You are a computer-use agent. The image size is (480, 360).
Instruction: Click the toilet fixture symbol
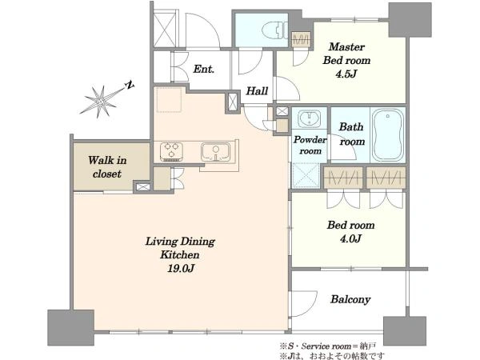tap(275, 30)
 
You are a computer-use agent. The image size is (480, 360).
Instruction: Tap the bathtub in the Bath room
tap(388, 134)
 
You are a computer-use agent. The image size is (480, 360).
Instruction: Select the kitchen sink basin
tap(215, 151)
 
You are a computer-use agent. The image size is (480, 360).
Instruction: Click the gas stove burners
tap(171, 151)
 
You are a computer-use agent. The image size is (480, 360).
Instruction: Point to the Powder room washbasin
tap(309, 118)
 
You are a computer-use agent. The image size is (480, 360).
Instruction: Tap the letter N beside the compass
tap(130, 85)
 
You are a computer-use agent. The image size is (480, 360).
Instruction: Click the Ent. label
tap(203, 69)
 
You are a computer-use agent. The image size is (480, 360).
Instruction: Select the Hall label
tap(257, 91)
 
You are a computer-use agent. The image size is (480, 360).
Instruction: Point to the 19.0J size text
tap(181, 269)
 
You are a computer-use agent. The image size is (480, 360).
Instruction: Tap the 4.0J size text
tap(350, 238)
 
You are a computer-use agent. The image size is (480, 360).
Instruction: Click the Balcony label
tap(350, 299)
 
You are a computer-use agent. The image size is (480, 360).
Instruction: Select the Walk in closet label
tap(107, 167)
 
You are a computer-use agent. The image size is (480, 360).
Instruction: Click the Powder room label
tap(310, 145)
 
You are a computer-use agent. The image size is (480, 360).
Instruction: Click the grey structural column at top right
tap(410, 20)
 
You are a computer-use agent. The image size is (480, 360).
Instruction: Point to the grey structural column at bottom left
tap(70, 327)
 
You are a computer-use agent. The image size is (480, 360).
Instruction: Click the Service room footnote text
tap(327, 346)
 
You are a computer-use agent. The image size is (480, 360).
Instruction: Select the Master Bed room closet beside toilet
tap(302, 39)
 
